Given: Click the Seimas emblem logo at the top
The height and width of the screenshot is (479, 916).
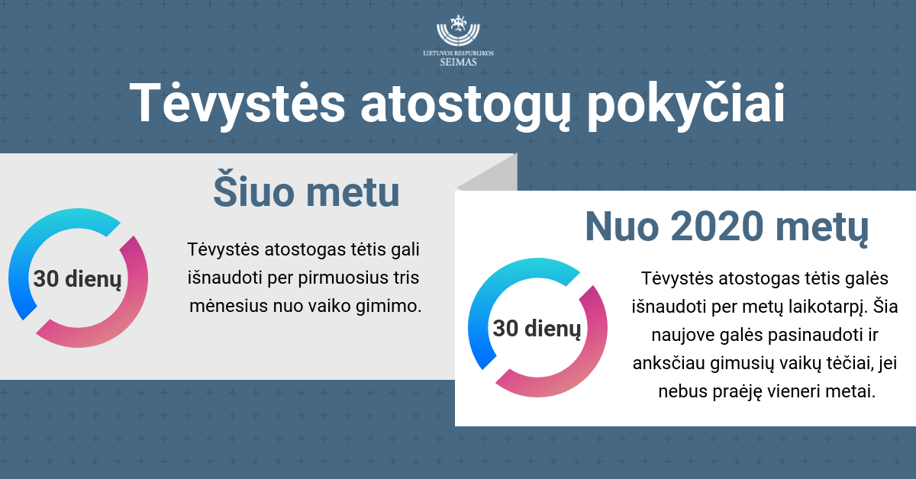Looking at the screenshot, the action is click(x=458, y=31).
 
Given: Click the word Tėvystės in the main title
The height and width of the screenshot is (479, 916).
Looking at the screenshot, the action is click(x=237, y=104).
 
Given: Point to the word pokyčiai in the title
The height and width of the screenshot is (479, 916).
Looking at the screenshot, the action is click(x=686, y=104).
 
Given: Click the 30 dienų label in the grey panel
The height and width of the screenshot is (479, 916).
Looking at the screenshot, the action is click(x=77, y=279).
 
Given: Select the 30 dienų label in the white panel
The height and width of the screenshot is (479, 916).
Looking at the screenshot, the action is click(x=537, y=329).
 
